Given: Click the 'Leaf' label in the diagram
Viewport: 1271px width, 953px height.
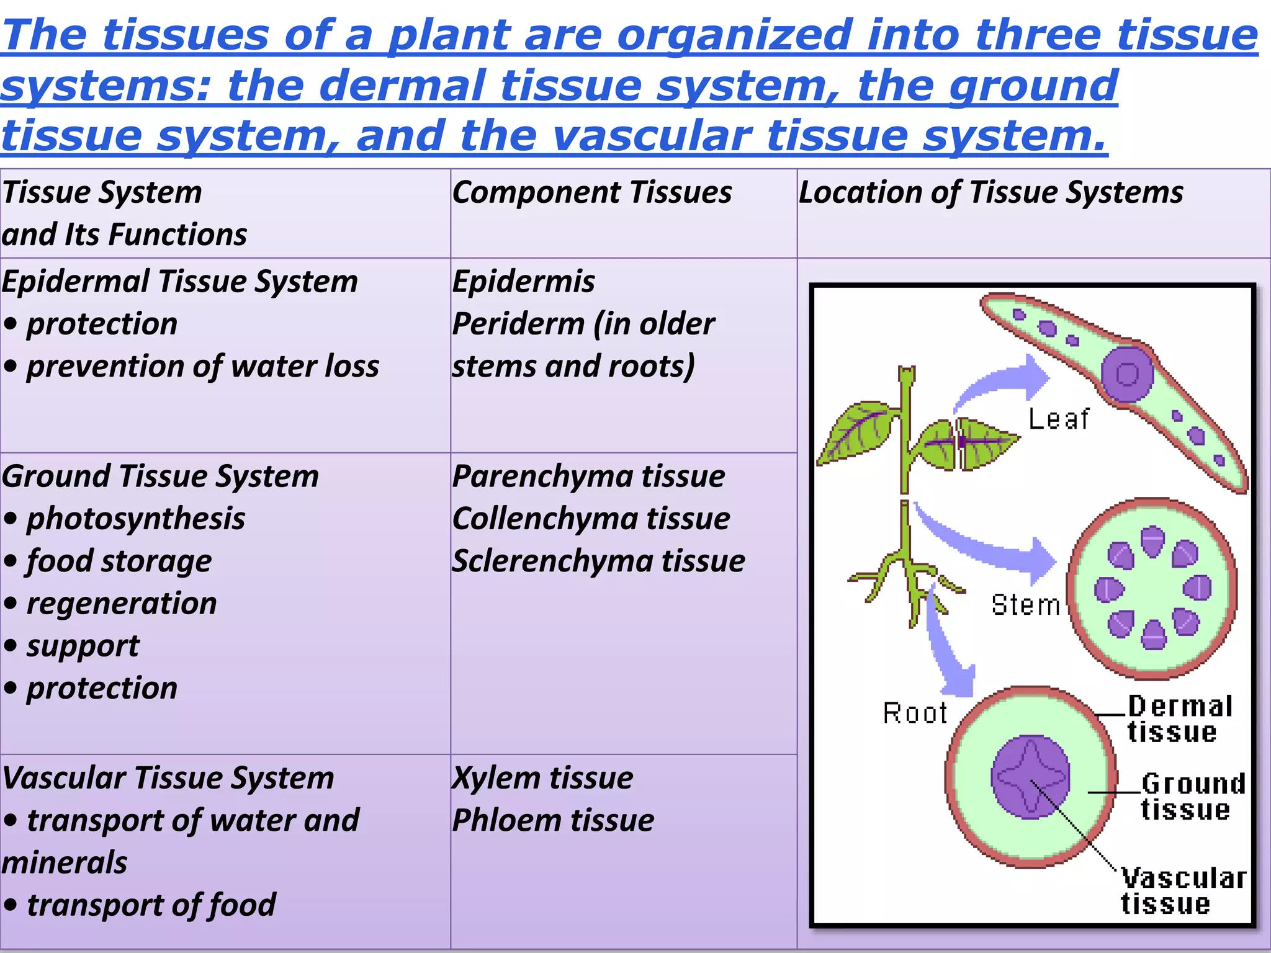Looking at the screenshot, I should (1058, 419).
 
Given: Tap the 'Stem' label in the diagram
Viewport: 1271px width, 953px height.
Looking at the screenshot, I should (1025, 605).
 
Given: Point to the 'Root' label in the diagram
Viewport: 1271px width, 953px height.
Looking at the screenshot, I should (915, 713).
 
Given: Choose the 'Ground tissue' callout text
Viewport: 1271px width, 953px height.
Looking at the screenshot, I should (1192, 797).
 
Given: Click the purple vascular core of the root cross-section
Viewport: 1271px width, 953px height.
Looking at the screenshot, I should (1030, 777).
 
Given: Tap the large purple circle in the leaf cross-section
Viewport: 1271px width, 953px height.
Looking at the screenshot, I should (1127, 374).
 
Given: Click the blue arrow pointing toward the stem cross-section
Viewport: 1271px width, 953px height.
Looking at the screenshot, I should (993, 546).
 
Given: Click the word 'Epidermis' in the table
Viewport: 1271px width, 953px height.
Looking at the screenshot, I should (523, 282).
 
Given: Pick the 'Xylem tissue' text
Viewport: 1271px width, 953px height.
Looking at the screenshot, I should (542, 778).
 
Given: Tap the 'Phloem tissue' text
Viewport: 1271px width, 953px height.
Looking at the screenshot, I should (553, 820).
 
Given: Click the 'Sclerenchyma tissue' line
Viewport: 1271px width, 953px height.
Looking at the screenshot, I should (598, 561).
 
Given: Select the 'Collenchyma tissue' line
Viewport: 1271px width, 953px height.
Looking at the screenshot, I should (591, 519).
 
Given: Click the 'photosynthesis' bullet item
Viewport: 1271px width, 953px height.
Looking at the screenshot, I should (135, 519).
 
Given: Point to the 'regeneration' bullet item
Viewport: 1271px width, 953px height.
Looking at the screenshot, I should (121, 604).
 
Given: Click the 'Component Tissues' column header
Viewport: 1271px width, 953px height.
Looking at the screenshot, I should (591, 192).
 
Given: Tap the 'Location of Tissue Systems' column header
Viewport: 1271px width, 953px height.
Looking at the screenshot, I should (990, 192).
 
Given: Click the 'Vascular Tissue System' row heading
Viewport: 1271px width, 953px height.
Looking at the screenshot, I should (168, 778).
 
